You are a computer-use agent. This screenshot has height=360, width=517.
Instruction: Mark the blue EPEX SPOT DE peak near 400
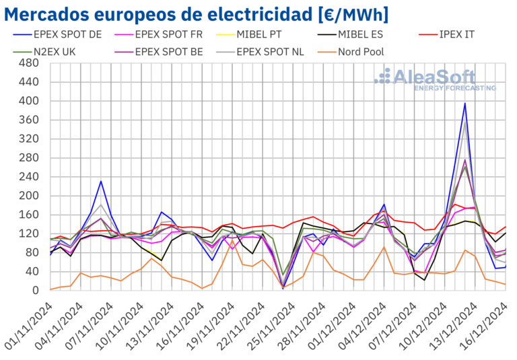click(464, 103)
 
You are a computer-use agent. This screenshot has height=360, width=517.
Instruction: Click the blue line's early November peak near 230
click(101, 181)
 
